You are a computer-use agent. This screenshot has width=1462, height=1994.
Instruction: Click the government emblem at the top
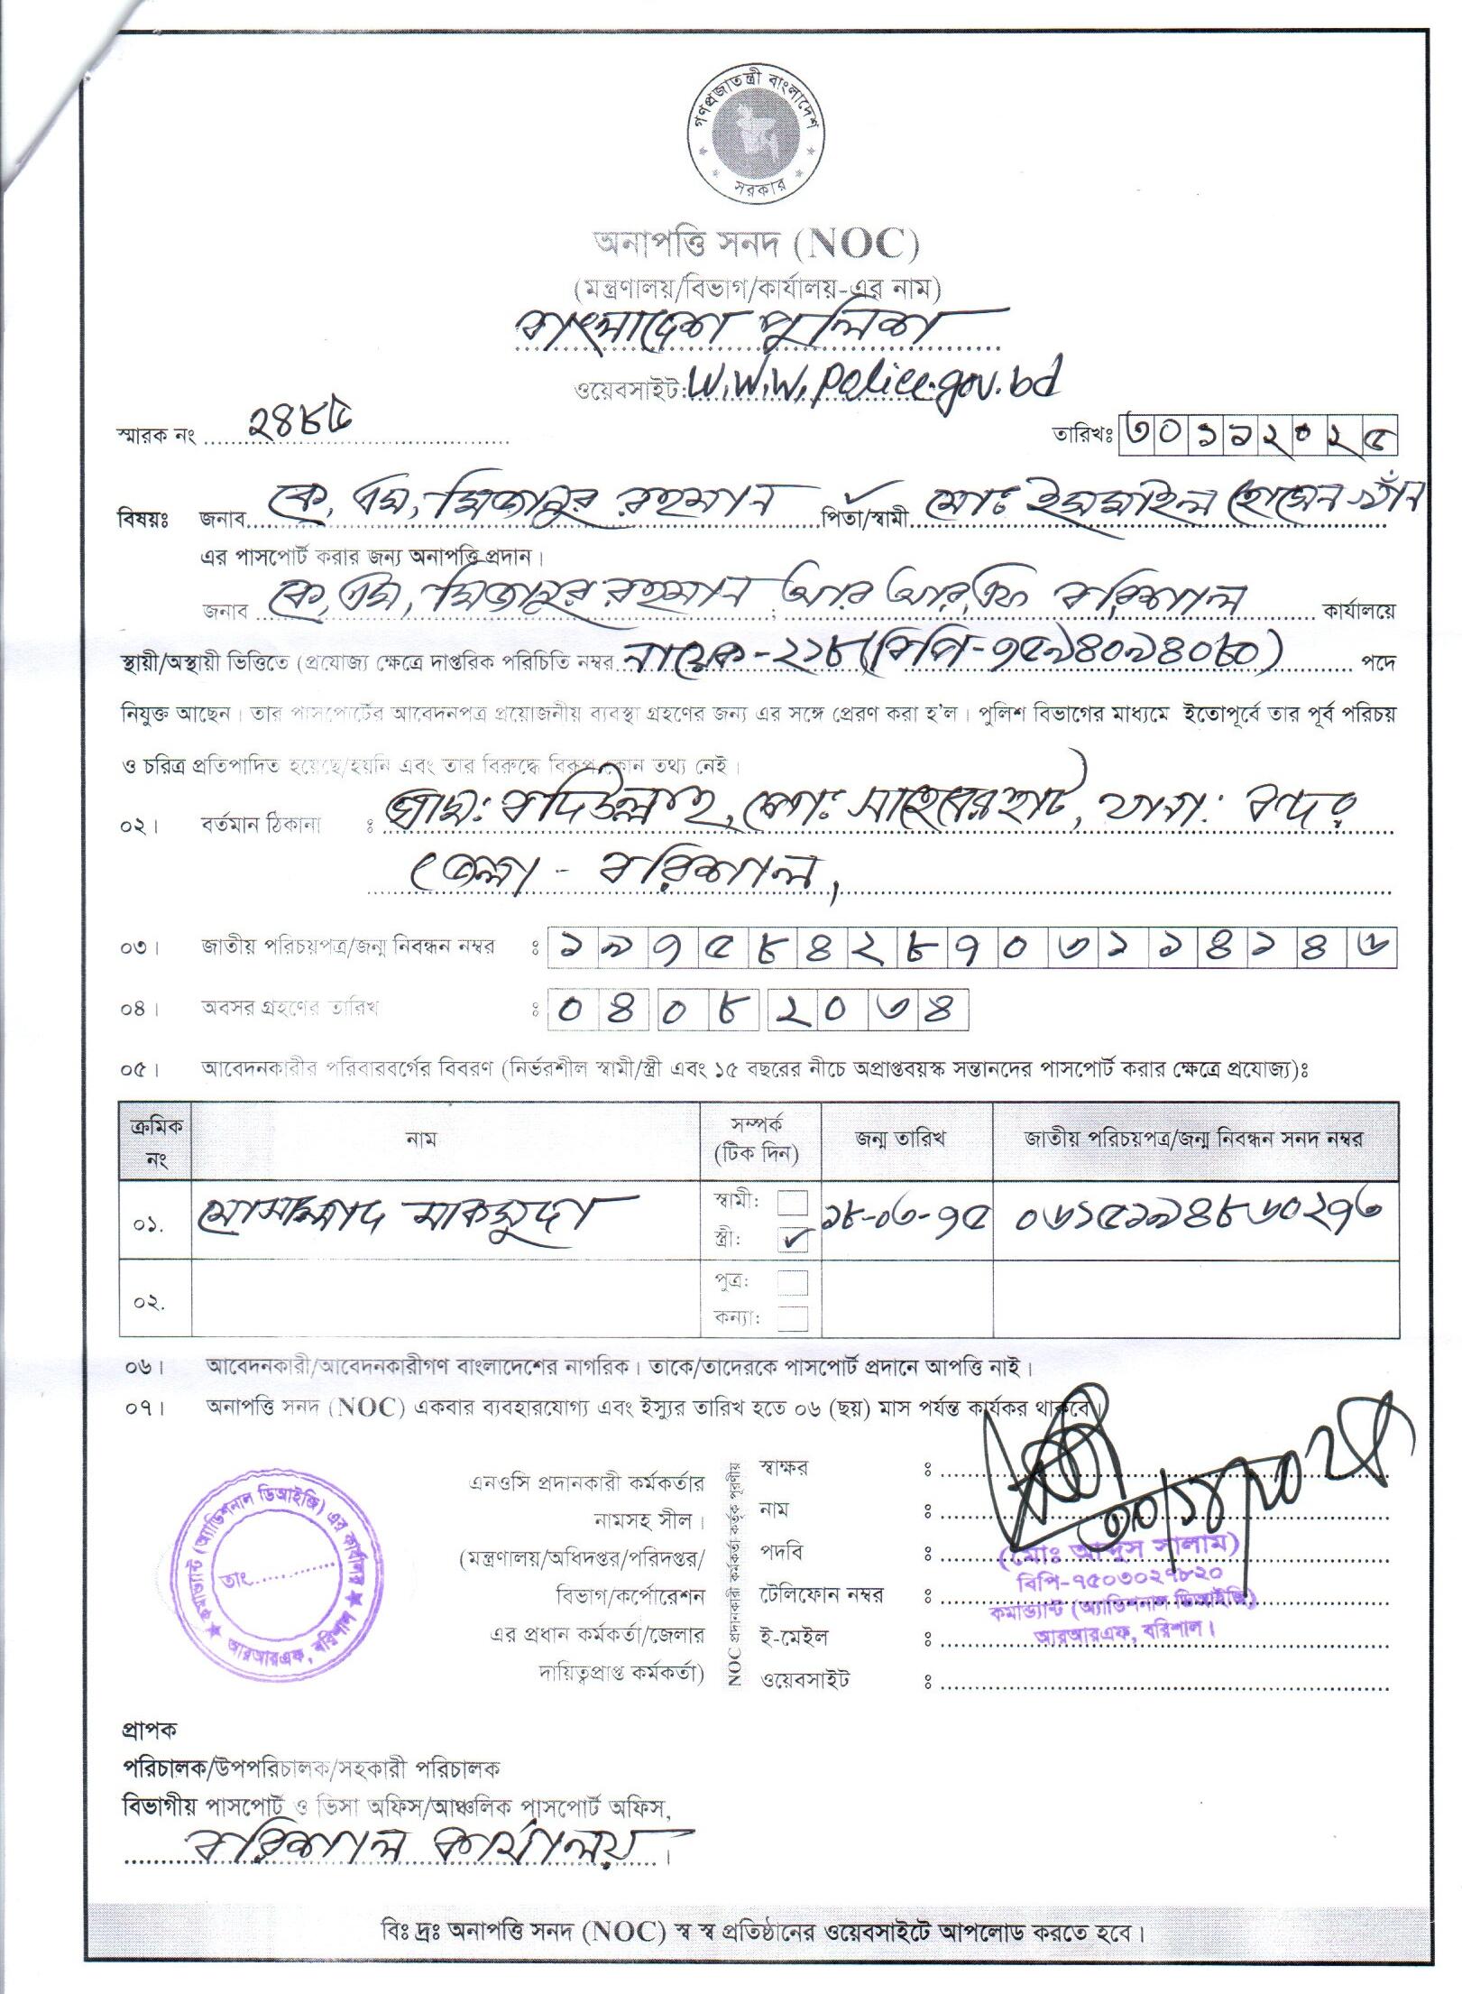[753, 136]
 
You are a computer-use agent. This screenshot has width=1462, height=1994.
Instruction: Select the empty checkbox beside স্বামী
[793, 1204]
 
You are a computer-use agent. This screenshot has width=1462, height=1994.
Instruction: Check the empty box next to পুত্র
[793, 1281]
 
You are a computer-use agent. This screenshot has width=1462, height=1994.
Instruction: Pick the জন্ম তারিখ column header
[906, 1139]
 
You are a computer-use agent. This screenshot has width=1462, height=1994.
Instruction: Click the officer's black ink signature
[1182, 1489]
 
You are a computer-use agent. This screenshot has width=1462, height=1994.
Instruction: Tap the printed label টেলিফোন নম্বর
[821, 1594]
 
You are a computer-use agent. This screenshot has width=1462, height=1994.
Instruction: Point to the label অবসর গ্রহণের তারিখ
[289, 1008]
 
